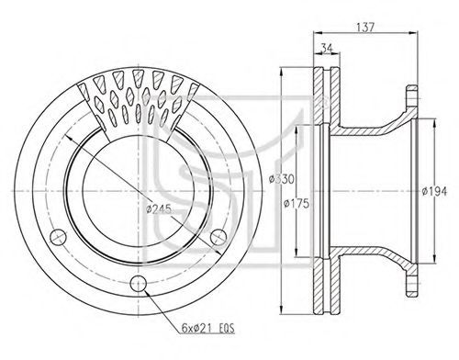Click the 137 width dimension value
click(x=365, y=27)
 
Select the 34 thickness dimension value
click(x=326, y=48)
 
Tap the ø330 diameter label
click(x=282, y=179)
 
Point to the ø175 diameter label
click(x=297, y=203)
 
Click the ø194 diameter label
click(x=434, y=192)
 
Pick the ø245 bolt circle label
click(x=159, y=209)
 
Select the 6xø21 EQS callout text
click(x=207, y=328)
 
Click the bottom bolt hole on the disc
click(x=139, y=284)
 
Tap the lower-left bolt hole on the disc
click(x=58, y=237)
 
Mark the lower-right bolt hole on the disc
click(x=218, y=237)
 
